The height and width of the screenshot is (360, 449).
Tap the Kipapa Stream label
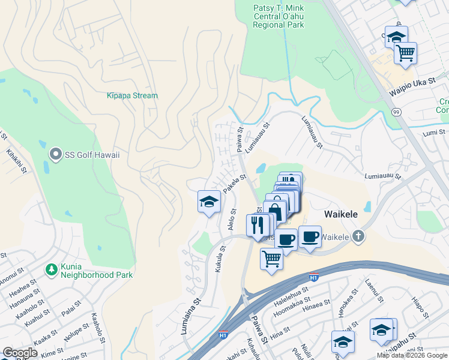pos(132,95)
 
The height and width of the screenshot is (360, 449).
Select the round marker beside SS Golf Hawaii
pos(56,155)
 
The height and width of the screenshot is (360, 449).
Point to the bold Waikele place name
pos(342,214)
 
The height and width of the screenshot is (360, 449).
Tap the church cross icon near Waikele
pos(358,236)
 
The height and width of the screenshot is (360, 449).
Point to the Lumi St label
pos(435,133)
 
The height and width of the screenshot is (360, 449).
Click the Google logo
pos(20,353)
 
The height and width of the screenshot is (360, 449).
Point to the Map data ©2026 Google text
pos(411,355)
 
